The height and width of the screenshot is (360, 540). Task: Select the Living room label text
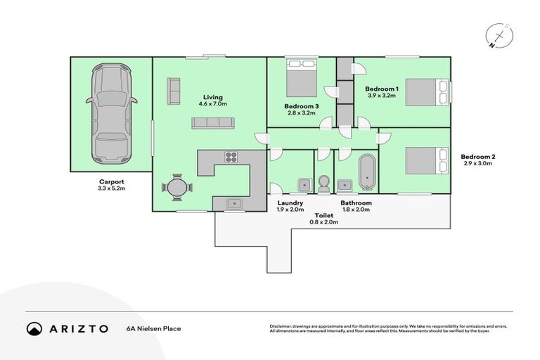pos(213,97)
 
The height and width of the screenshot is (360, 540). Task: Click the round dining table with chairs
pos(176,188)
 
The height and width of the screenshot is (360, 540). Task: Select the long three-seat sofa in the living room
pos(212,122)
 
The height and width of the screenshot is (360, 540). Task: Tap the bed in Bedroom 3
pos(302,79)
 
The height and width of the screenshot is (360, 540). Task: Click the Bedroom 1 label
pos(382,89)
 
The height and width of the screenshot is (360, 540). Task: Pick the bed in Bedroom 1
pos(426,91)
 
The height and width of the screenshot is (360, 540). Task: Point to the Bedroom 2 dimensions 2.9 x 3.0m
pos(476,163)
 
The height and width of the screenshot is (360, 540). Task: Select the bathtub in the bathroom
pos(366,173)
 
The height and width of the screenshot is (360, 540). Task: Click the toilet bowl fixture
pos(323,184)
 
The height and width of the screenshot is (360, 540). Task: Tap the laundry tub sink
pos(303,186)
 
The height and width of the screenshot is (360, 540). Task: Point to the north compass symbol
pos(499,36)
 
